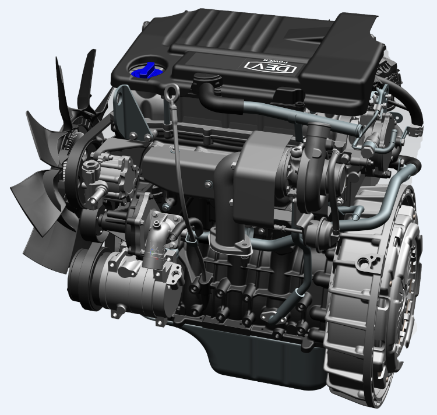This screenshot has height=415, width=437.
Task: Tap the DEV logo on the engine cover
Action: [270, 67]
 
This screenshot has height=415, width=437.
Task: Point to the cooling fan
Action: [56, 156]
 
